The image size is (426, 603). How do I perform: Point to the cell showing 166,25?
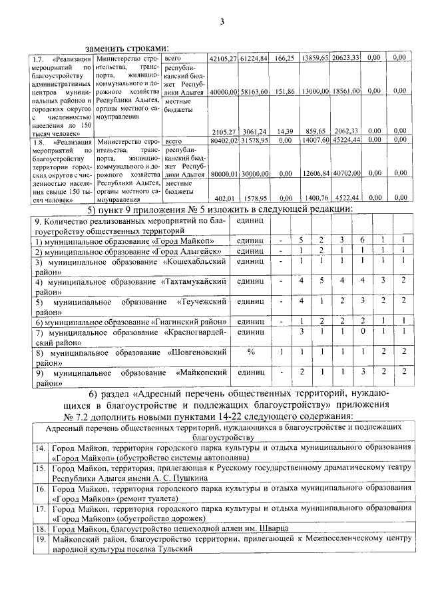284,59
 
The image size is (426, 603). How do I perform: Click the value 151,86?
284,91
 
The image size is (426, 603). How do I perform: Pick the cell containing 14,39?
285,131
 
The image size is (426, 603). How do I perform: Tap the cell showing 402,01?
227,198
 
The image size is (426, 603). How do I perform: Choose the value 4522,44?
347,198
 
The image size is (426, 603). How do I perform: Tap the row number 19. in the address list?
39,538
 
